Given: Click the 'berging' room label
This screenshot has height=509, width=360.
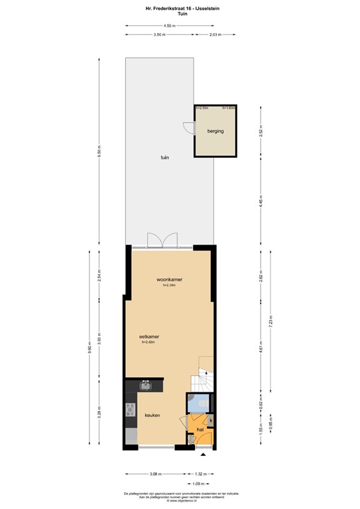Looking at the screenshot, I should pos(215,131).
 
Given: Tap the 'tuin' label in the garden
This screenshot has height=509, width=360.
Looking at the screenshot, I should pos(163,158).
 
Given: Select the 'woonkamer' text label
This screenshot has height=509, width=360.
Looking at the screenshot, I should pos(169,280).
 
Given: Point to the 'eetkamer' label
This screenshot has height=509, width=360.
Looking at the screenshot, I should pos(149,336).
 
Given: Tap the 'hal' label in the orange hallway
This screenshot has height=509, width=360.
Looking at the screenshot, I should pos(200,429).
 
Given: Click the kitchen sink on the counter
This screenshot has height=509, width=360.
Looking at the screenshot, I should pos(146,385).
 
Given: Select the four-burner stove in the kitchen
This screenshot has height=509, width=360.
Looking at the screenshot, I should pos(129,410).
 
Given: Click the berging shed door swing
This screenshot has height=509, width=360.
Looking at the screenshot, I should pos(190,130).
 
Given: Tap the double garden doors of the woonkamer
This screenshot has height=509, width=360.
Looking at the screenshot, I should pos(162,240).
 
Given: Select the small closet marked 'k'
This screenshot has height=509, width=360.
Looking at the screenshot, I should pos(211,421).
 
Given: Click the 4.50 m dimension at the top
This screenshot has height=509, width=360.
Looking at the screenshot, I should pos(170,26).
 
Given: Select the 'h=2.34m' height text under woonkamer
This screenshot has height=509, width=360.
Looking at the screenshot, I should pos(169,286).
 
